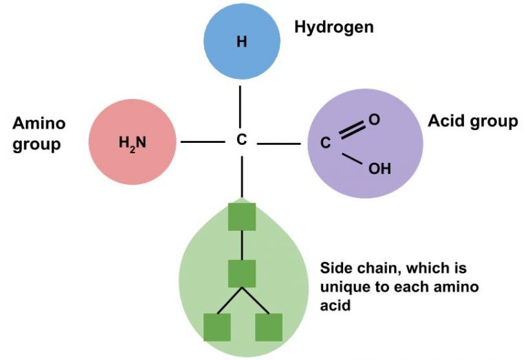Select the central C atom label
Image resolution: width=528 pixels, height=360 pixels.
241,141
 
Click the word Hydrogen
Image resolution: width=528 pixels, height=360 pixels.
333,27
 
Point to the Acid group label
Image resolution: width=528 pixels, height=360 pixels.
472,122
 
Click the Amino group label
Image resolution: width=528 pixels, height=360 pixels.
39,134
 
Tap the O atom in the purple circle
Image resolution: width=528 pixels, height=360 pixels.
374,120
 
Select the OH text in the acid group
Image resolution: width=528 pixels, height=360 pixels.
379,168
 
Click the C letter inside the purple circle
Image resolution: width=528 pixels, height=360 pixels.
327,144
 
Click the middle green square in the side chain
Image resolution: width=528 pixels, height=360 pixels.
241,273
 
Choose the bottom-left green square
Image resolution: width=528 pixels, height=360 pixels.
217,327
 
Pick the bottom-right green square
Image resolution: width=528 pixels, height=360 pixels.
268,327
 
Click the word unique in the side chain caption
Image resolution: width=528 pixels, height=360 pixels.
343,286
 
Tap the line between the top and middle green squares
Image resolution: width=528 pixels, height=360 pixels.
241,245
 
